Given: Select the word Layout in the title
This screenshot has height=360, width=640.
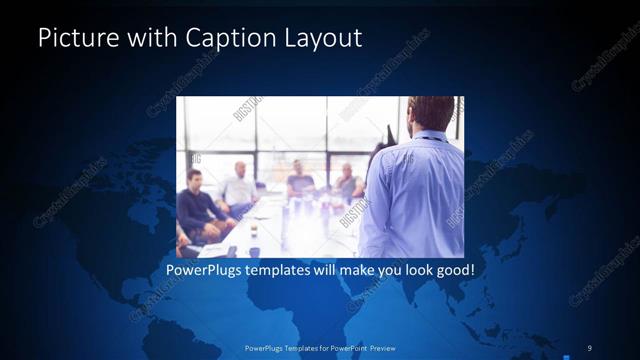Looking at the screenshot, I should (322, 38).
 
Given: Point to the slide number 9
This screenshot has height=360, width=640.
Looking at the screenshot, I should (589, 347).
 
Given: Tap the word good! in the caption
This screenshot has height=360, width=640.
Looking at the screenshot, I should (452, 270).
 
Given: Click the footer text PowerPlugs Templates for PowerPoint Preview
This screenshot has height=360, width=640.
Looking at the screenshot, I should (320, 347).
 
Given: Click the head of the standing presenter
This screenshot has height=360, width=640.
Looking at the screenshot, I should (431, 113).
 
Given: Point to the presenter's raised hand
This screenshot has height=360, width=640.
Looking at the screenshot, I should (389, 135).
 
